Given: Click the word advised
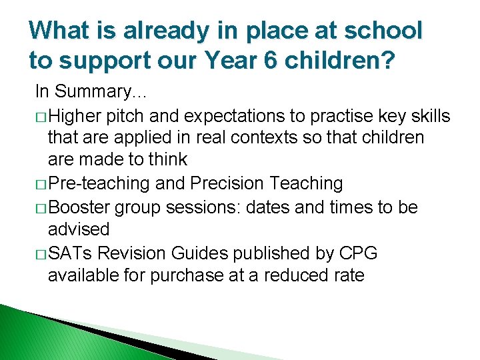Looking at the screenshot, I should pyautogui.click(x=78, y=229).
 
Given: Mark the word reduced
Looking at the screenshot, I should pyautogui.click(x=294, y=275).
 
